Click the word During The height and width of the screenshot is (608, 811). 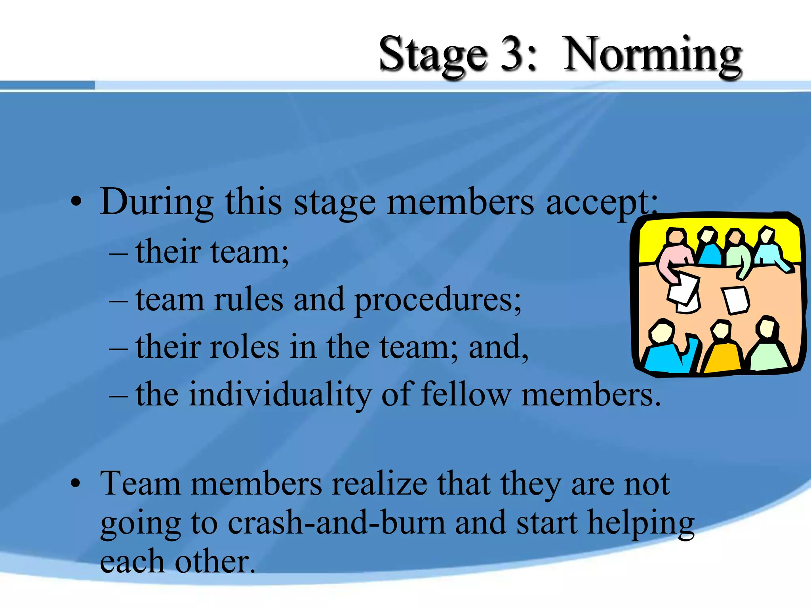[x=157, y=203]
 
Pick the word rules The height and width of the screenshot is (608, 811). [x=249, y=300]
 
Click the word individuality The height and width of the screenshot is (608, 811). [x=280, y=395]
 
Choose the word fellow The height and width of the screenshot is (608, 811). [x=466, y=394]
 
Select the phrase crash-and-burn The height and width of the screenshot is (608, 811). [x=336, y=522]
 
